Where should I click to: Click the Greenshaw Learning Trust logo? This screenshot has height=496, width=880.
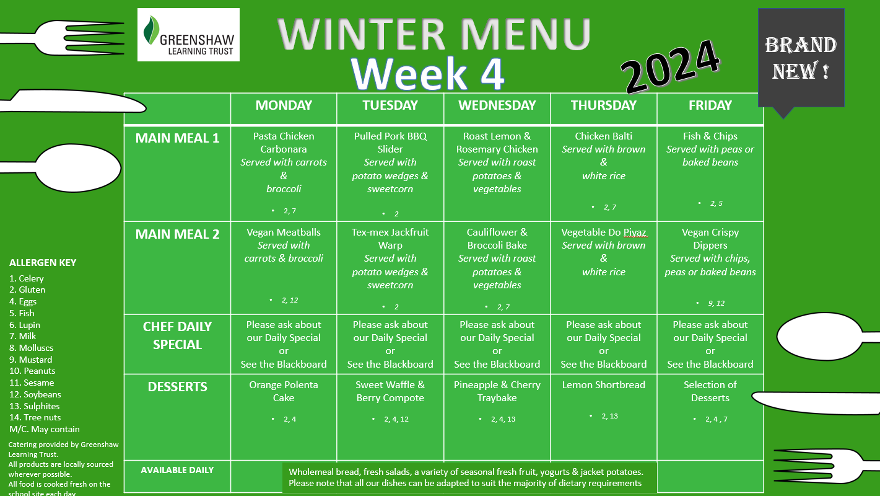tap(188, 35)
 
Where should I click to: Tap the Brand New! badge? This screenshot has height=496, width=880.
tap(801, 58)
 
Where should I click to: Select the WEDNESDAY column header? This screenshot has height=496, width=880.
tap(497, 105)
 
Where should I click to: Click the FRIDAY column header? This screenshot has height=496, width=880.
tap(710, 105)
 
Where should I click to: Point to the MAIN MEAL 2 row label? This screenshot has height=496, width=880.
tap(177, 234)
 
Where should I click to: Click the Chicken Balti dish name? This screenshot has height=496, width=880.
tap(603, 136)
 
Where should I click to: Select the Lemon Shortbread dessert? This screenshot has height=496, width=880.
tap(603, 384)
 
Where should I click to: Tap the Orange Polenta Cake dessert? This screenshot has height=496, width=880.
tap(284, 391)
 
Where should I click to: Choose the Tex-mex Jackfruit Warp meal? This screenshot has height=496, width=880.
tap(390, 238)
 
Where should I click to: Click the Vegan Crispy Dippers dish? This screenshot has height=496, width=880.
tap(710, 238)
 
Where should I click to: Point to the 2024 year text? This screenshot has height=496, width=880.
tap(670, 66)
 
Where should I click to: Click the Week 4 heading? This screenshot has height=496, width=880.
tap(427, 74)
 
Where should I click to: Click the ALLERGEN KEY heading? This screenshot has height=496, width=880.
tap(43, 263)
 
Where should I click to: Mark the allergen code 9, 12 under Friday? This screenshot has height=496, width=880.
tap(716, 303)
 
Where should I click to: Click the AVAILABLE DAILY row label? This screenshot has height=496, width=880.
tap(177, 470)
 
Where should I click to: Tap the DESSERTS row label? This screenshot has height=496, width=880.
tap(177, 387)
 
